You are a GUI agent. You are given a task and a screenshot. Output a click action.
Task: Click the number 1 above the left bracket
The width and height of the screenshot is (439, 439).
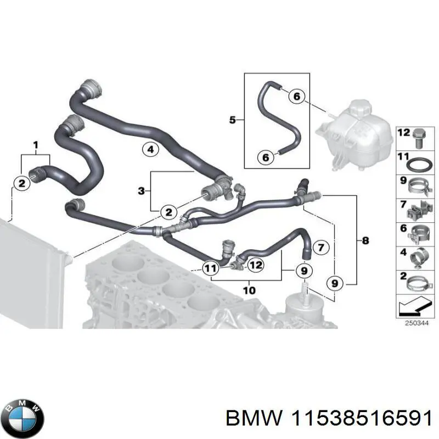coord(36,145)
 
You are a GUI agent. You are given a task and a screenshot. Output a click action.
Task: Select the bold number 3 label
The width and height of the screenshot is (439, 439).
coord(141,191)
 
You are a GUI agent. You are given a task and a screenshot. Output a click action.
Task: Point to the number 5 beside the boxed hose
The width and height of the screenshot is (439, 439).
coord(232,119)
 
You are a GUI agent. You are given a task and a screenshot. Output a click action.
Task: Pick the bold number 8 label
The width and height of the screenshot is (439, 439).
coord(366,240)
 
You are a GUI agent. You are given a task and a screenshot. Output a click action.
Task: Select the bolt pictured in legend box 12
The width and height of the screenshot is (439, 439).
coord(419,136)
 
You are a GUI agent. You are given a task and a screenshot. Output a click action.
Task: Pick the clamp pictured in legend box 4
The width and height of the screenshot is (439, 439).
coord(419,257)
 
